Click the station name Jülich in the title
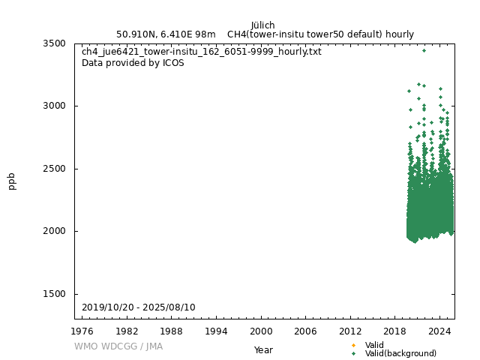coord(262,25)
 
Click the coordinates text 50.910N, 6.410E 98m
coord(166,34)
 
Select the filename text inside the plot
coord(201,52)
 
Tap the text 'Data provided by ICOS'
coord(133,63)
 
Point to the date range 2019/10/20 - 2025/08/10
coord(138,307)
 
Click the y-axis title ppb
coord(12,181)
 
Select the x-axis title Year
coord(263,350)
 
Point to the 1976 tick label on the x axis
coord(82,331)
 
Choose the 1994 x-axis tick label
coord(216,331)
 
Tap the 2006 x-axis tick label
coord(305,331)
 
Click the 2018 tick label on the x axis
coord(395,331)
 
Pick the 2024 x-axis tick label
coord(439,331)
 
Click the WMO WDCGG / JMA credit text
coord(118,346)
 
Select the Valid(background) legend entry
coord(400,353)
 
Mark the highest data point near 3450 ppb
coord(424,50)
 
